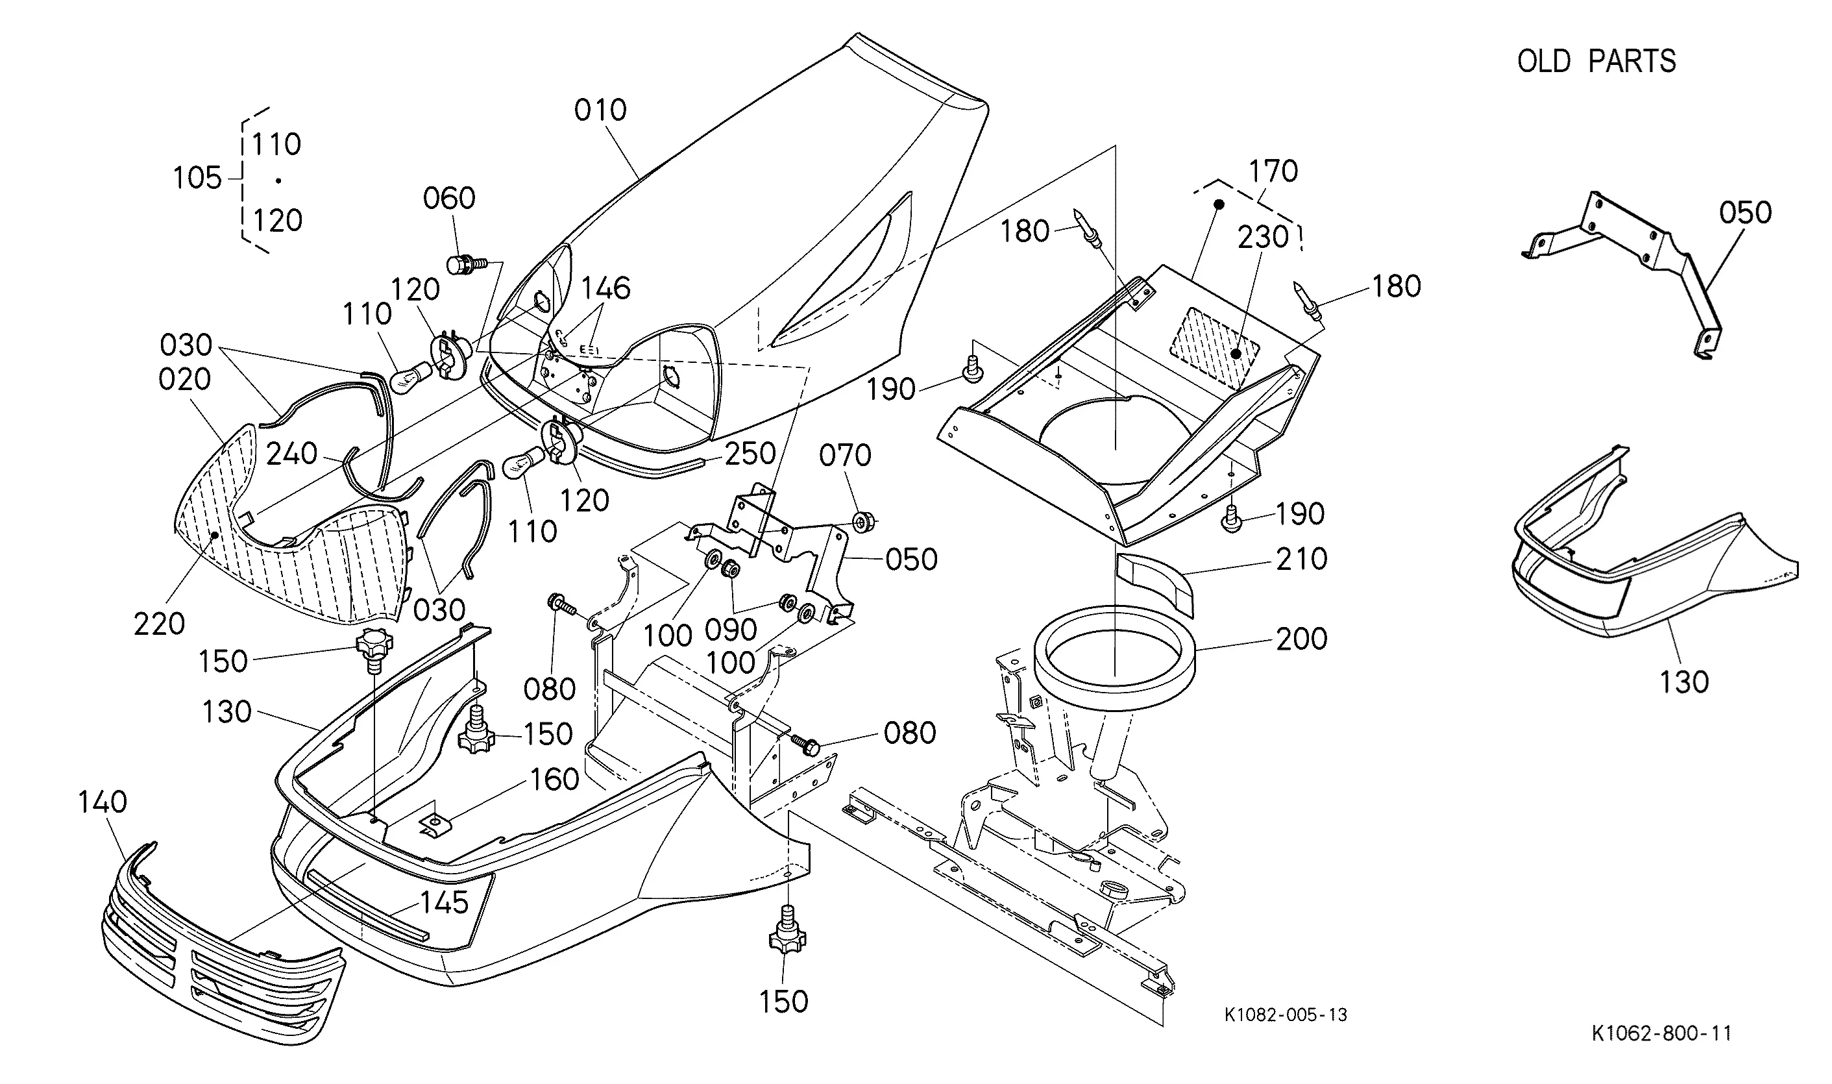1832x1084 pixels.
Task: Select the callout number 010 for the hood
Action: [x=600, y=110]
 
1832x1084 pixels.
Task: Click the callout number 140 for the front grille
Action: [x=103, y=802]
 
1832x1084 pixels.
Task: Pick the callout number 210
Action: [x=1301, y=559]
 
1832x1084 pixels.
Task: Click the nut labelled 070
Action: [x=864, y=523]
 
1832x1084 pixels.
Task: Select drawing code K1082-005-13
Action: [x=1286, y=1015]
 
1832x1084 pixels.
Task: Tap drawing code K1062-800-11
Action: [x=1661, y=1033]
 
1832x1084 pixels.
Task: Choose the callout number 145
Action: [x=444, y=903]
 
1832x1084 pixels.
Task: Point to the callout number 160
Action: [x=555, y=780]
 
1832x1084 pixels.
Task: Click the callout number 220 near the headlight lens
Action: [x=159, y=624]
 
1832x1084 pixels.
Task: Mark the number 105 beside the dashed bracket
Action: [x=197, y=177]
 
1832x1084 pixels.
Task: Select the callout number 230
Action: [x=1264, y=237]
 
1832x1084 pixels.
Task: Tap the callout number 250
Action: [x=750, y=454]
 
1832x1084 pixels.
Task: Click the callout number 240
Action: [x=291, y=454]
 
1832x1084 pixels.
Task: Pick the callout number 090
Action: [x=731, y=630]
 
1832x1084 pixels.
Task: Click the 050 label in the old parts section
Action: [x=1746, y=212]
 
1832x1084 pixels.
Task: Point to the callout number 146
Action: [x=605, y=289]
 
